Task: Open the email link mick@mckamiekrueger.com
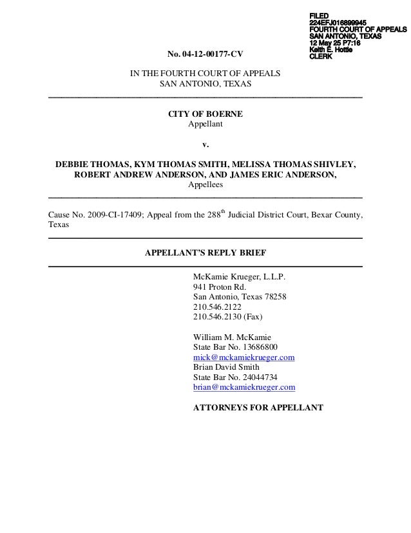(244, 357)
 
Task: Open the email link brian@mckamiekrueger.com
(244, 387)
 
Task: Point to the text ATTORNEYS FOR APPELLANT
(258, 408)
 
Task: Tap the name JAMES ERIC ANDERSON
(282, 174)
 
